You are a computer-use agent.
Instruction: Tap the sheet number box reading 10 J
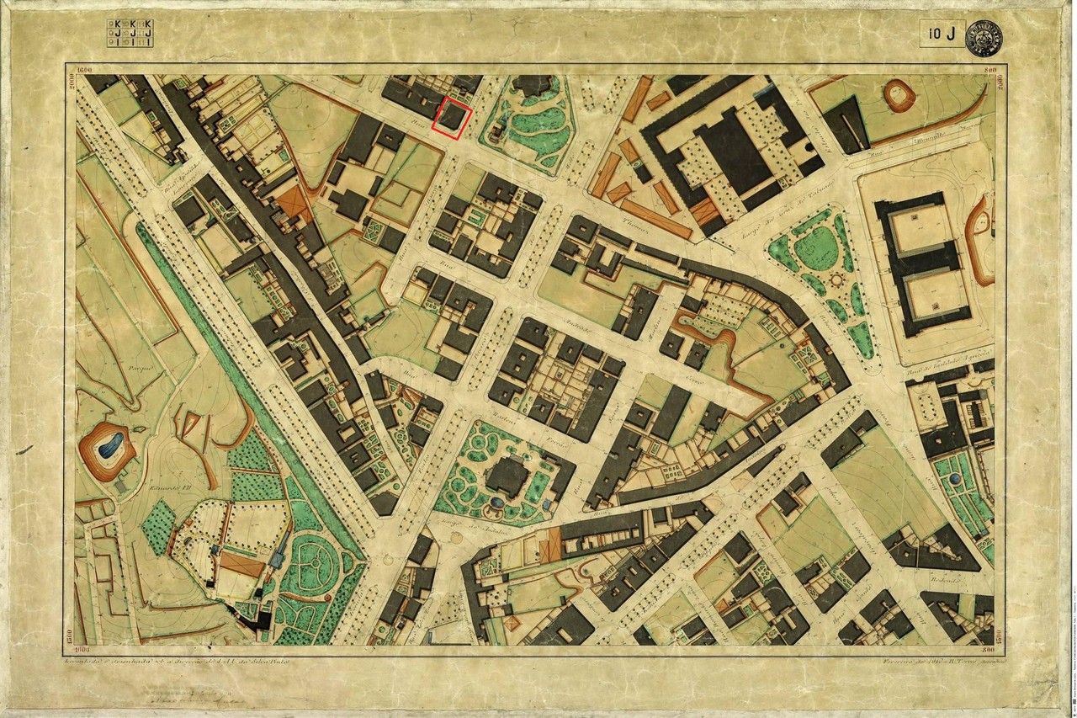(x=942, y=34)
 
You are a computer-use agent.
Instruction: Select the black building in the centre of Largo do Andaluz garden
(x=507, y=477)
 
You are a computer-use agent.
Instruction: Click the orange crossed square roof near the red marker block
(x=295, y=203)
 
